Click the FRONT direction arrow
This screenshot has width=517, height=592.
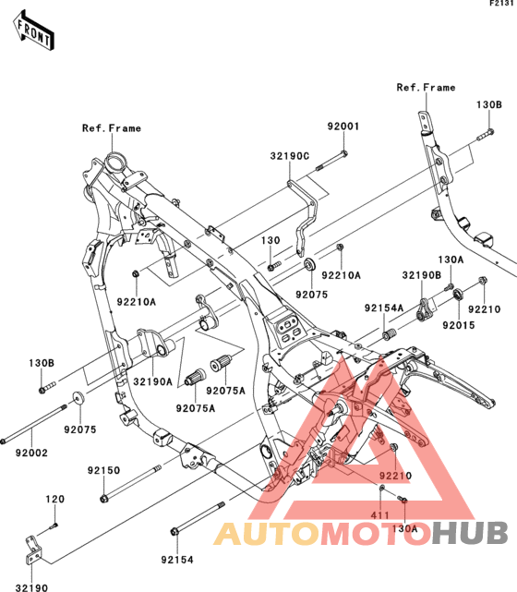click(33, 31)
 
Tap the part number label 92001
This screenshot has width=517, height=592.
click(343, 127)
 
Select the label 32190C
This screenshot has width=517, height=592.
click(290, 156)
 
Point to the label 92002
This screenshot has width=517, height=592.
click(31, 453)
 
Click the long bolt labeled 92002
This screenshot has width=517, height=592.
click(34, 424)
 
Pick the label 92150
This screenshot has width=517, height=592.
click(103, 470)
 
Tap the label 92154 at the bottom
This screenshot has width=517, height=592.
click(177, 560)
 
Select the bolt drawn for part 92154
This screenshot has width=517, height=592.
click(198, 518)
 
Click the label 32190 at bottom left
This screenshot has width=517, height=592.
click(31, 587)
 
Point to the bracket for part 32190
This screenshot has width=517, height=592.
click(34, 550)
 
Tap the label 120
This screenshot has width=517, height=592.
click(55, 499)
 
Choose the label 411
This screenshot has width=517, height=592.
click(380, 515)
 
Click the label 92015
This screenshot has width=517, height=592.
click(459, 325)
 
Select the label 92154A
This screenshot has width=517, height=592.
click(384, 308)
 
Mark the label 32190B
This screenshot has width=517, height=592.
click(422, 275)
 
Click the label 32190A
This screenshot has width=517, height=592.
click(153, 381)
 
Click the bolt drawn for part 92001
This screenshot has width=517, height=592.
click(331, 161)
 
